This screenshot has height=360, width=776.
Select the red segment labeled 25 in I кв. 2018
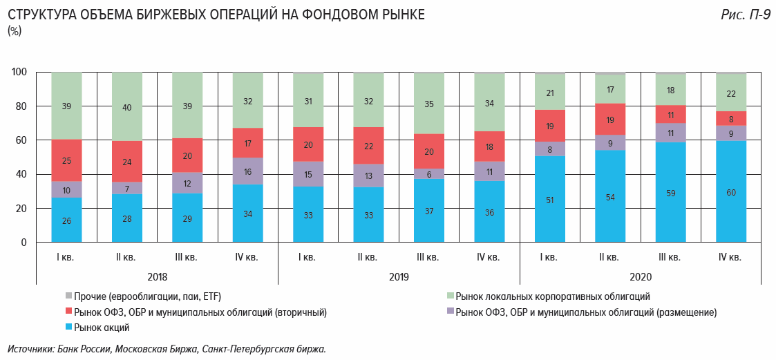coord(67,160)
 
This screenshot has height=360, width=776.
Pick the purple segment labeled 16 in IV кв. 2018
coord(247,171)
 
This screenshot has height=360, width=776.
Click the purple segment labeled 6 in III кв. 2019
coord(428,174)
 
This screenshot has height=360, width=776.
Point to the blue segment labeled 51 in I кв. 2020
coord(549,200)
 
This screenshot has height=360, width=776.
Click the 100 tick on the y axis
coord(19,72)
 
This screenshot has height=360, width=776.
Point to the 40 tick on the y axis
coord(21,174)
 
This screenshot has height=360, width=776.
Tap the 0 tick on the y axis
coord(24,243)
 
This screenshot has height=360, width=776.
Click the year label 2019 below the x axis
coord(398,276)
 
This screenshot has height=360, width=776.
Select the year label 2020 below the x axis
coord(639,276)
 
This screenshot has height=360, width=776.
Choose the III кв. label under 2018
coord(187,258)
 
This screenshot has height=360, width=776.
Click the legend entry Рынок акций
coord(102,328)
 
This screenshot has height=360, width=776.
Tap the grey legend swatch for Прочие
coord(68,296)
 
